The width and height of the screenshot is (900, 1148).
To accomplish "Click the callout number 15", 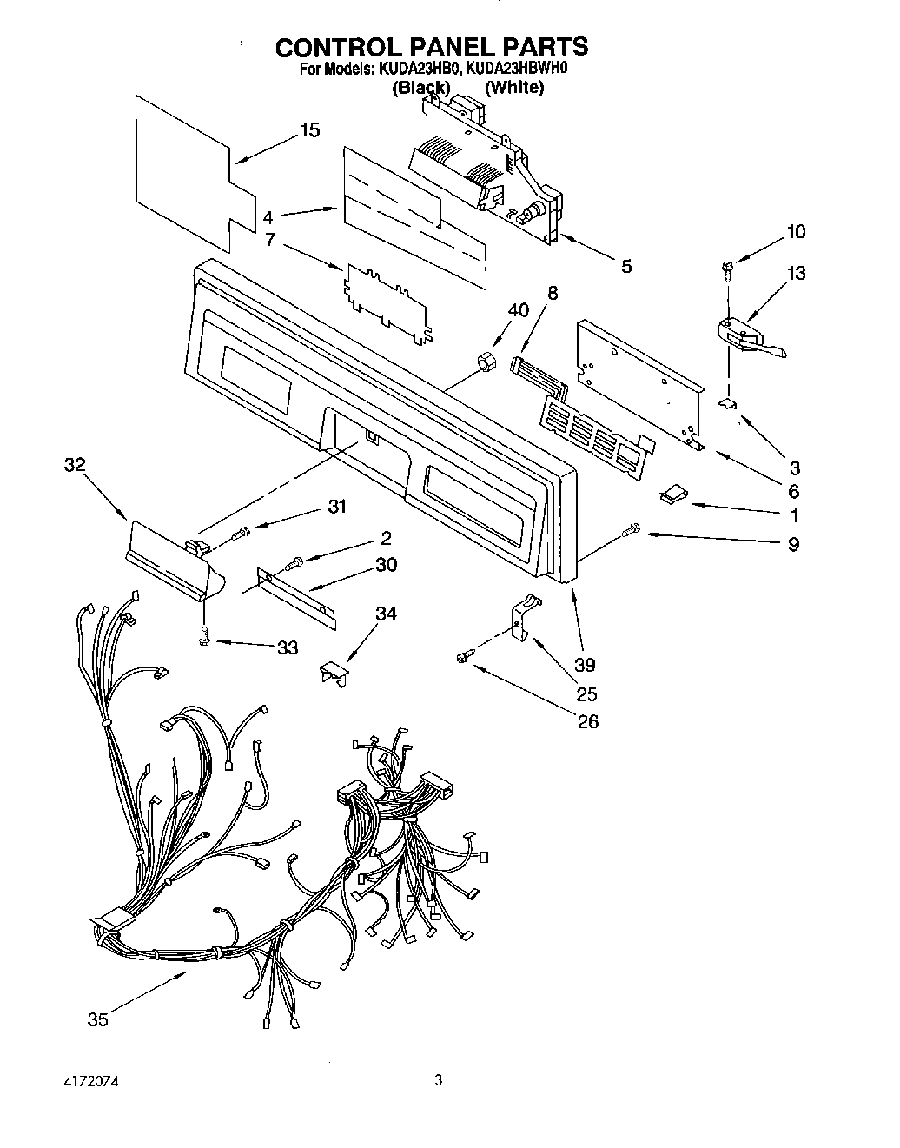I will [x=309, y=130].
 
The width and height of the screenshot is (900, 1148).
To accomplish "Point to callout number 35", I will [x=97, y=1019].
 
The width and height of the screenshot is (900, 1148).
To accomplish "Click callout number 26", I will [x=588, y=721].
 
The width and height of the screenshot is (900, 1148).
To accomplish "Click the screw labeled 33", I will [x=203, y=637].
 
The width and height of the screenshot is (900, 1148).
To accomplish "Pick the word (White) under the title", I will [x=514, y=87].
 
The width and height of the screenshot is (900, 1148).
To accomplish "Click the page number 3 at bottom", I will [x=439, y=1081].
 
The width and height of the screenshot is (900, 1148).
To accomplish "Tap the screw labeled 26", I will [x=464, y=660].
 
